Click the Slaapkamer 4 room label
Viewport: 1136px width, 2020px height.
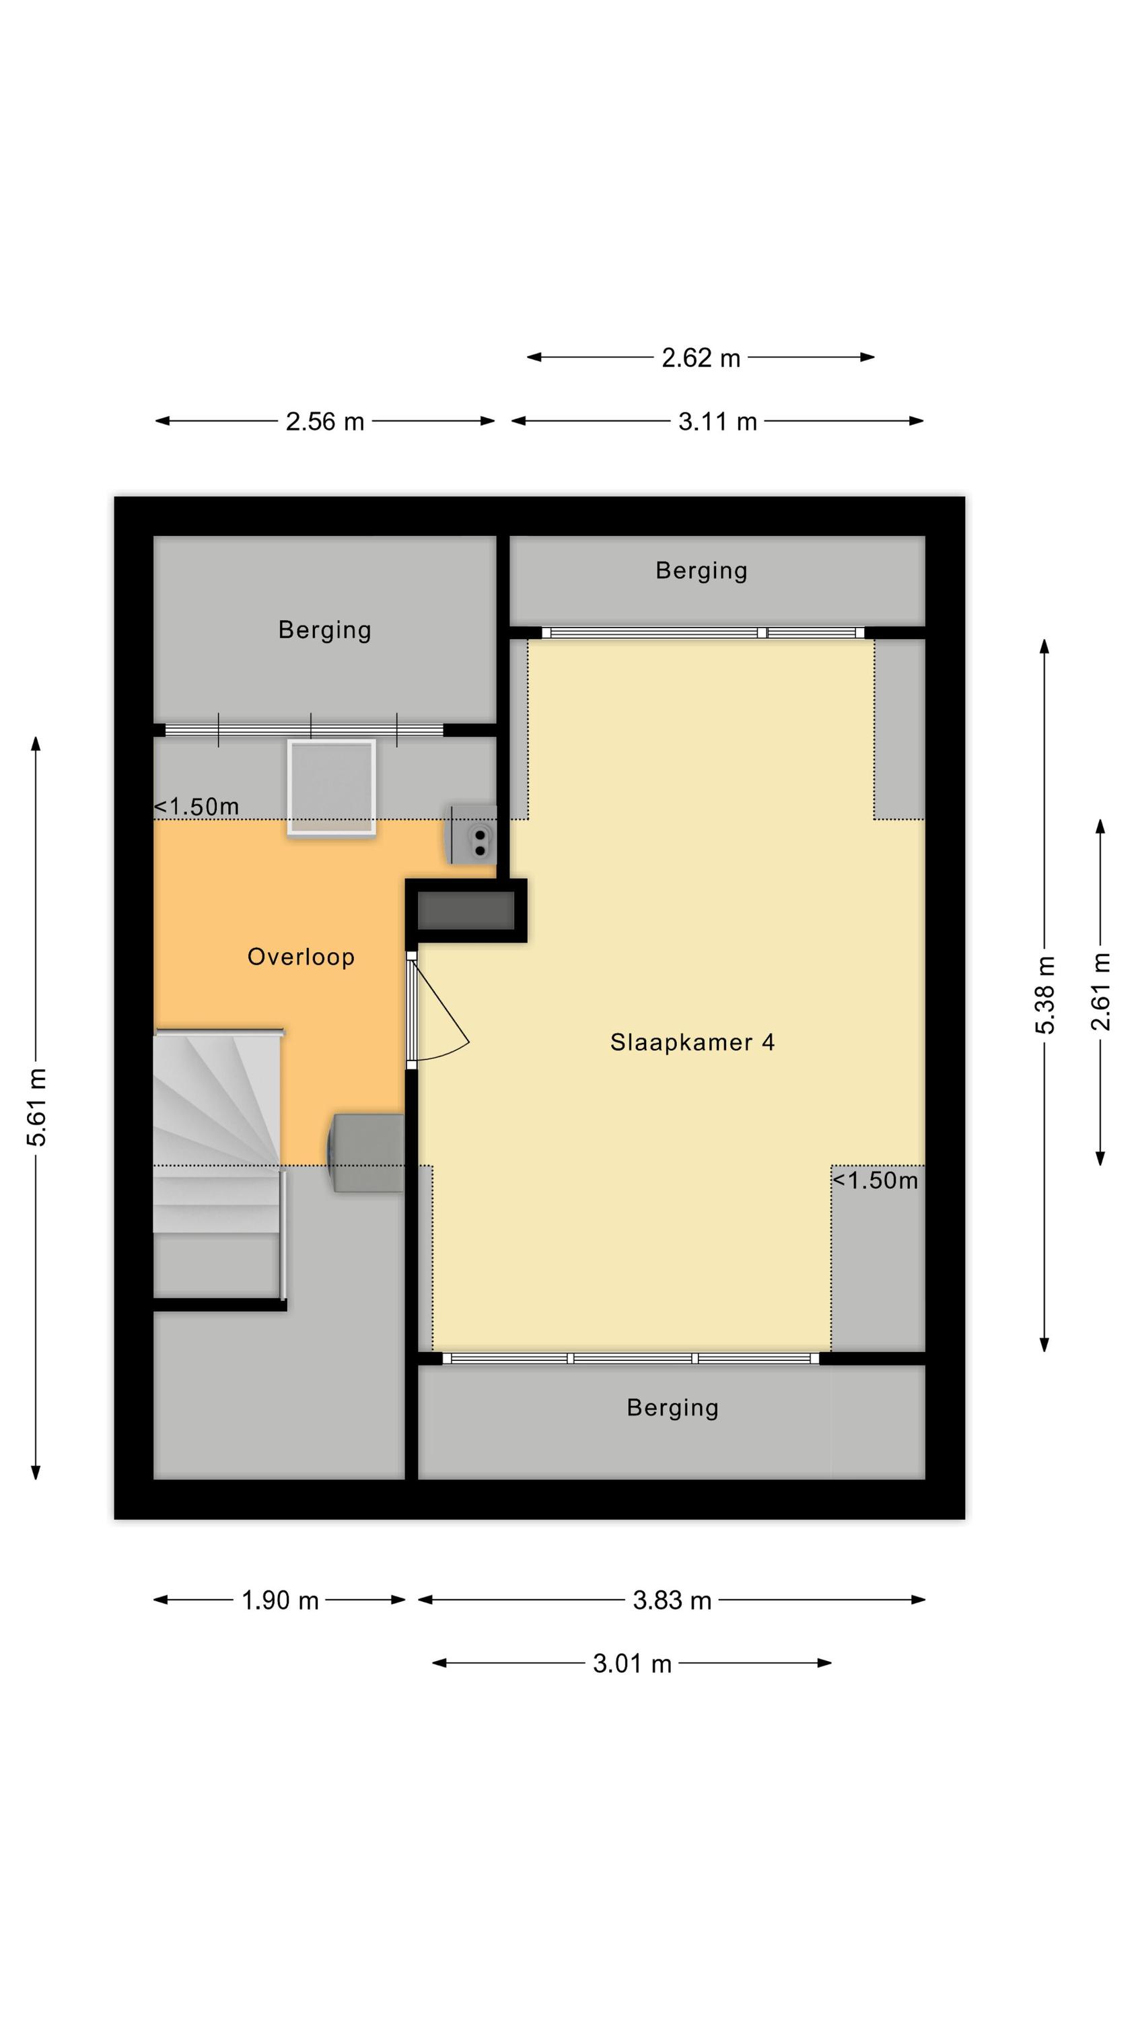[x=693, y=1042]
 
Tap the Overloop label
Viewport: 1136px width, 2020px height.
[x=301, y=957]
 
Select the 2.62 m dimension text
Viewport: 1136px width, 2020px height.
[x=701, y=358]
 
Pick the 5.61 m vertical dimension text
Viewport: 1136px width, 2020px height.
[x=37, y=1106]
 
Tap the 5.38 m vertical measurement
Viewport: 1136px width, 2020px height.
[x=1045, y=995]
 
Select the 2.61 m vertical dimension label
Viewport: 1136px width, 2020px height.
[x=1101, y=992]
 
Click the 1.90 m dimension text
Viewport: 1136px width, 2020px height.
[x=280, y=1600]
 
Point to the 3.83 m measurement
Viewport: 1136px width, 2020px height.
[x=672, y=1600]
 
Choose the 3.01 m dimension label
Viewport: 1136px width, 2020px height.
[x=632, y=1663]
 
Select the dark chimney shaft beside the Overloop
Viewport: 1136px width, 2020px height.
[x=466, y=910]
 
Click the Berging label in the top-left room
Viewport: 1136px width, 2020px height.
[x=324, y=630]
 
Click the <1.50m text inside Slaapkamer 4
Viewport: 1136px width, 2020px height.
[x=875, y=1181]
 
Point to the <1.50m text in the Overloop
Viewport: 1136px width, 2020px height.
[x=196, y=807]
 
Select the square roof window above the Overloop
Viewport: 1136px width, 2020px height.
[x=332, y=788]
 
